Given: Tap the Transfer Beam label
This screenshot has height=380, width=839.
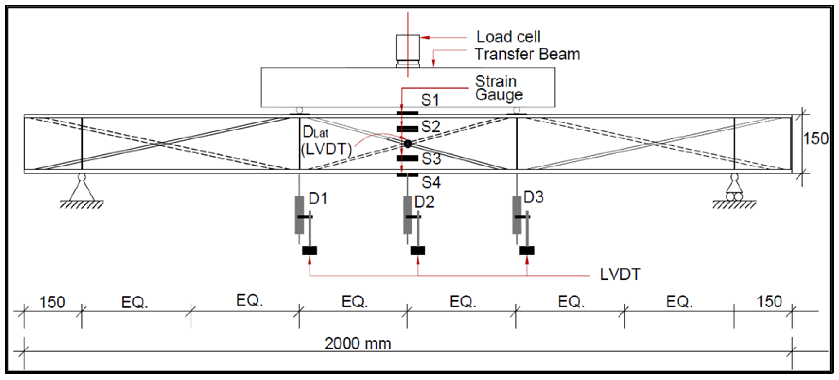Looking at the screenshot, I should tap(527, 54).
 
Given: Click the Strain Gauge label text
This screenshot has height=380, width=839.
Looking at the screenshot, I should tap(498, 88).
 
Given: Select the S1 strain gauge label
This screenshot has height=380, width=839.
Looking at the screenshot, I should tap(430, 100).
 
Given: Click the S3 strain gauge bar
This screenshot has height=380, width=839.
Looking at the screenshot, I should tap(407, 159).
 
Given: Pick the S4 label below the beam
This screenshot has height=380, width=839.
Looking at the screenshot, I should tap(431, 182).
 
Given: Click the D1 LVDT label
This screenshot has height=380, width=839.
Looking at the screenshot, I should tap(318, 199).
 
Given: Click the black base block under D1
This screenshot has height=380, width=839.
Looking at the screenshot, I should tap(309, 250).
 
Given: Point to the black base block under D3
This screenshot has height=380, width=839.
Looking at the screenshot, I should tap(527, 250).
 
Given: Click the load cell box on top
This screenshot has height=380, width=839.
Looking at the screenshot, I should tap(408, 48).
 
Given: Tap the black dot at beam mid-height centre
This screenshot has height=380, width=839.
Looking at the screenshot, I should tap(407, 143).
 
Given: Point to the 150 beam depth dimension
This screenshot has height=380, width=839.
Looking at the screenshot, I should tap(816, 138).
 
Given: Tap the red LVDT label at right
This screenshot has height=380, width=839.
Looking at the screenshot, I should tap(620, 274).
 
